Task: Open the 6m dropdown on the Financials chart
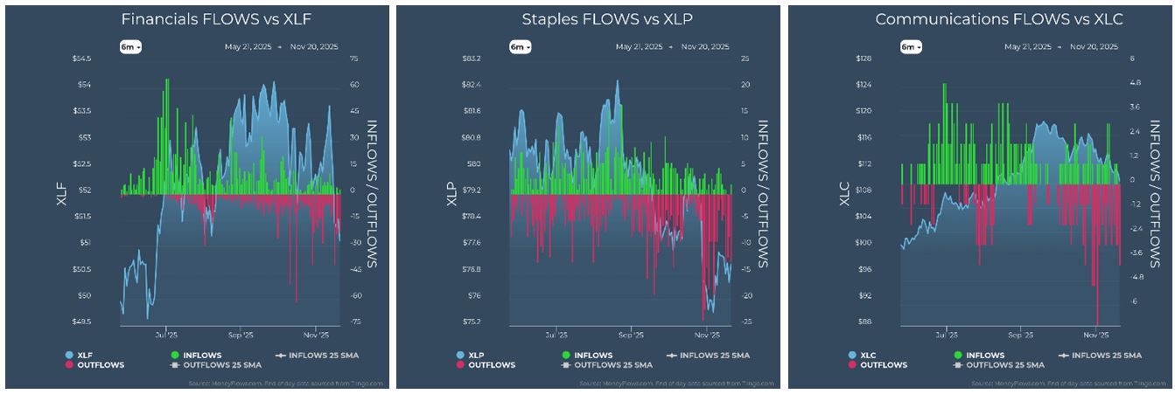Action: click(x=130, y=46)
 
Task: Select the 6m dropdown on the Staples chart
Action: click(x=520, y=46)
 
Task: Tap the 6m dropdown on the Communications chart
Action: click(x=911, y=46)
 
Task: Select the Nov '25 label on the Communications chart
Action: click(x=1095, y=335)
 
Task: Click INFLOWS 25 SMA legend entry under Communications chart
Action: click(x=1102, y=356)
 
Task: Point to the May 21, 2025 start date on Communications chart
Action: click(x=1028, y=46)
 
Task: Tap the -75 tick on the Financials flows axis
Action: click(x=355, y=321)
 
